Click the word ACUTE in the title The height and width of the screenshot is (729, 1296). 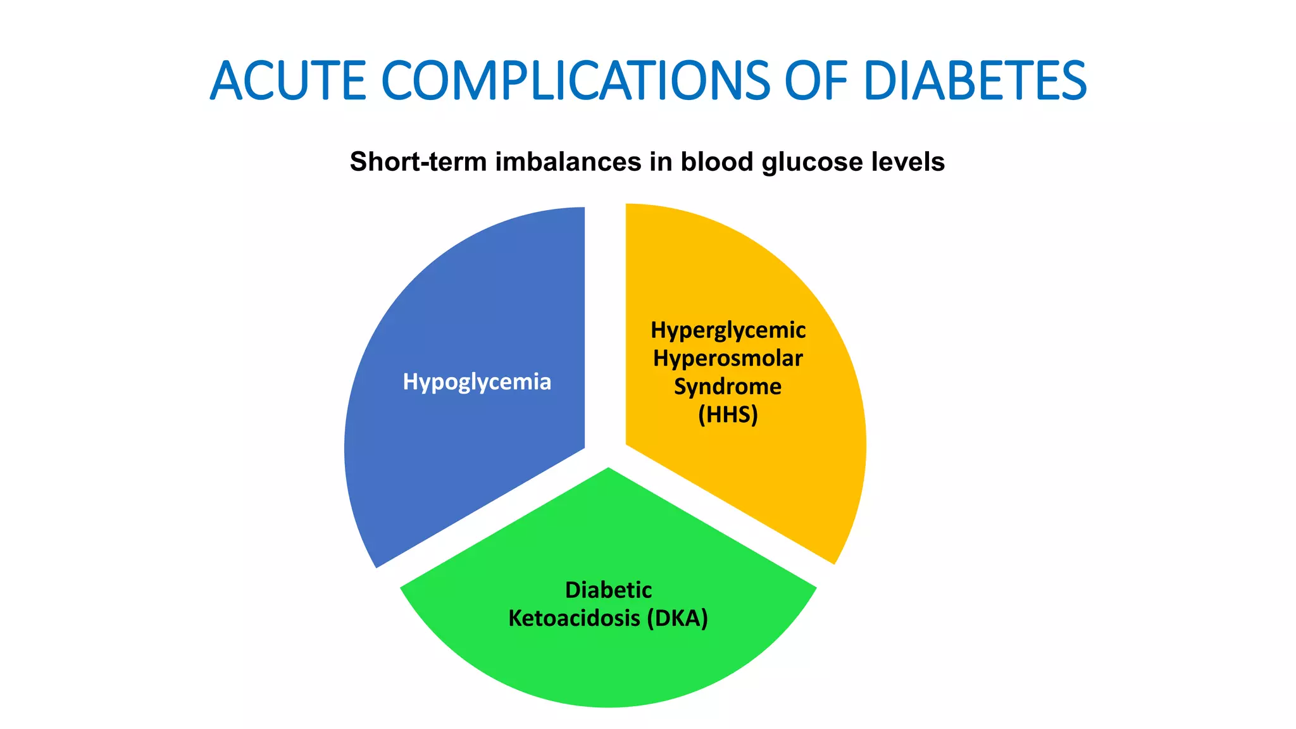[x=289, y=81]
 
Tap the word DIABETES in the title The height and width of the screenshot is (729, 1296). [x=975, y=81]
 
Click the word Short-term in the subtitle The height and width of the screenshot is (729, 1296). [x=418, y=162]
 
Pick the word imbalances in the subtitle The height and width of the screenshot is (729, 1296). [x=568, y=162]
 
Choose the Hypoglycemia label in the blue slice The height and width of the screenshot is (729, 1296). [x=477, y=382]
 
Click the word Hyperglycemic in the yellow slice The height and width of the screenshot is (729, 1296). [x=728, y=330]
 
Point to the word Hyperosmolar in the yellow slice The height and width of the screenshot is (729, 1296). [x=728, y=359]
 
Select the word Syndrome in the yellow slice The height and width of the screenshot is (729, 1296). [x=728, y=387]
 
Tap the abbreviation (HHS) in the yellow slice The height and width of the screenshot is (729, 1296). [x=728, y=415]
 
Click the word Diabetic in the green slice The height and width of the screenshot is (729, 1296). [x=608, y=590]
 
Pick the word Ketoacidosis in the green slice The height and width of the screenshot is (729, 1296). [x=574, y=618]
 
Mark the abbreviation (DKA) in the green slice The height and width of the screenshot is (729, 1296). [x=677, y=618]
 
